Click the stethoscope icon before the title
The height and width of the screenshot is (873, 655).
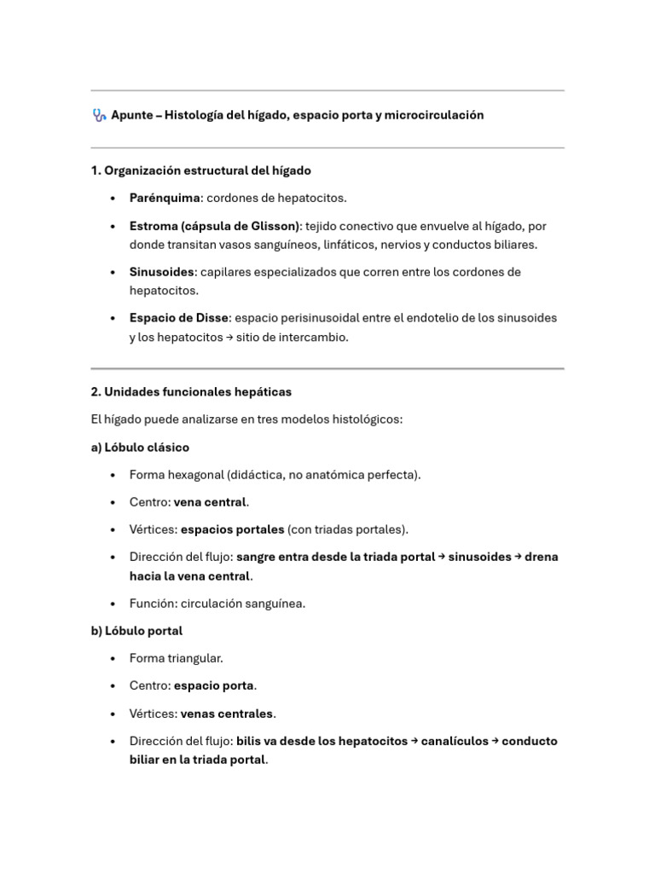coord(99,115)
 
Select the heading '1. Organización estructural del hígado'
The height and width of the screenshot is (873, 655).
coord(200,171)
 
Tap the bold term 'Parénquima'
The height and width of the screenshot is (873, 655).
coord(165,198)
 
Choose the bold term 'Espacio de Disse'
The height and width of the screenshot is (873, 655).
coord(179,318)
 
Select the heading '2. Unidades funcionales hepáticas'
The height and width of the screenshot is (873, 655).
coord(191,392)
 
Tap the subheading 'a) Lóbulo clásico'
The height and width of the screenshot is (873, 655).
coord(140,448)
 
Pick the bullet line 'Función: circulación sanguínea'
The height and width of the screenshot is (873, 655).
coord(217,604)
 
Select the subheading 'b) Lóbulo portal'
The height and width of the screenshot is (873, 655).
coord(136,631)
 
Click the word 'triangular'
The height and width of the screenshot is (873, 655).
coord(195,658)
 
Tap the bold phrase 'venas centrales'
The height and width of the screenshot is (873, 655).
coord(227,714)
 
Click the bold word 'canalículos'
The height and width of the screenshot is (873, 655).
coord(454,741)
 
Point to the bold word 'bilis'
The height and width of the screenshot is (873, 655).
coord(251,741)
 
